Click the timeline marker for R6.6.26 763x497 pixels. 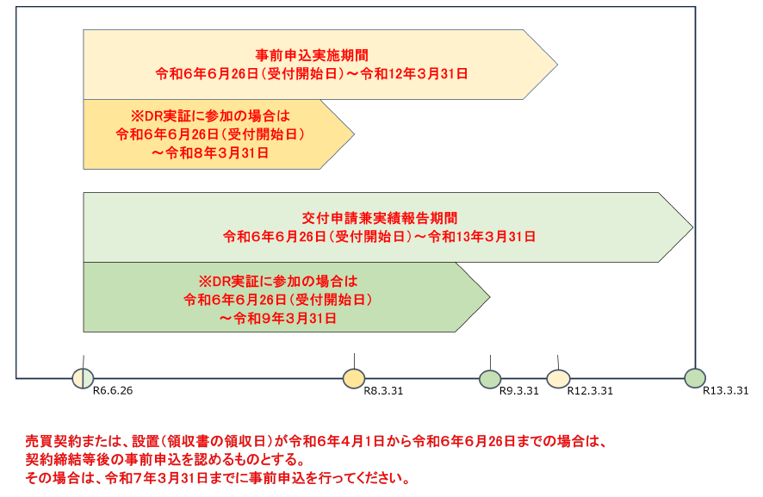point(83,378)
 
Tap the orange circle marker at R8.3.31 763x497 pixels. point(354,378)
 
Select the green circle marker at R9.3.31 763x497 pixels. point(490,378)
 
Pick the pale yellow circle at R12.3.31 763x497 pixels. point(558,378)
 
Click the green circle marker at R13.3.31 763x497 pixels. point(695,377)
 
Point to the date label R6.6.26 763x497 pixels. point(113,391)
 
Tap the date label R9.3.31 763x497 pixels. point(519,391)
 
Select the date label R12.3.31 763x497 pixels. point(590,391)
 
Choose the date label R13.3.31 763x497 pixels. point(726,390)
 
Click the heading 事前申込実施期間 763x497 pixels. point(312,53)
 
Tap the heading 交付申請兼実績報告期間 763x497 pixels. point(379,216)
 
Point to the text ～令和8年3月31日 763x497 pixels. point(210,153)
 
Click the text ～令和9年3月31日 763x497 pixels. point(277,318)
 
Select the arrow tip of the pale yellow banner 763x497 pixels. point(555,64)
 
